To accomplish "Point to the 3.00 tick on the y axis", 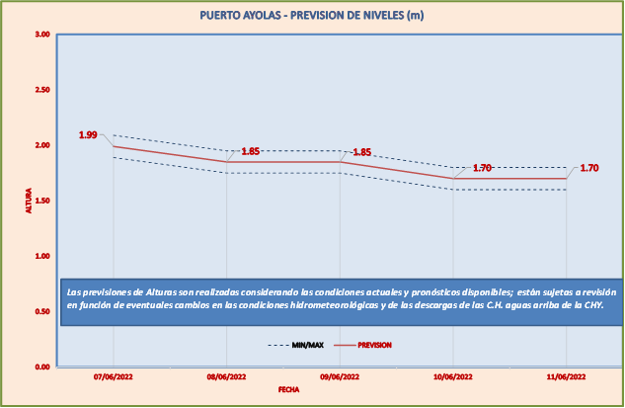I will pyautogui.click(x=42, y=35).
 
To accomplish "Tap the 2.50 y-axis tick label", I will pyautogui.click(x=42, y=90).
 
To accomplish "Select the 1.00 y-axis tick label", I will pyautogui.click(x=42, y=256).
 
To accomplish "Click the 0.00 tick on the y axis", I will pyautogui.click(x=42, y=367).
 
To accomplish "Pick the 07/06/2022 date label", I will pyautogui.click(x=114, y=377).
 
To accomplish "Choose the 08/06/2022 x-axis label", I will pyautogui.click(x=227, y=377).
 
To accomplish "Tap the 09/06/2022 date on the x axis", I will pyautogui.click(x=340, y=377).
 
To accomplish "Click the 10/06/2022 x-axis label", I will pyautogui.click(x=453, y=377).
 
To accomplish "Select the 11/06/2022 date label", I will pyautogui.click(x=567, y=377).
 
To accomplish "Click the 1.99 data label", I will pyautogui.click(x=88, y=134).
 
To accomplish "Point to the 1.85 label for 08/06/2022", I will pyautogui.click(x=251, y=151).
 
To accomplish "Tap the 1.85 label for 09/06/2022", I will pyautogui.click(x=362, y=152).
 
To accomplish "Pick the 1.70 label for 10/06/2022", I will pyautogui.click(x=482, y=168).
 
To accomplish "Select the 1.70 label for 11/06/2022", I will pyautogui.click(x=589, y=168).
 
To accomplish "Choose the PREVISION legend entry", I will pyautogui.click(x=374, y=346).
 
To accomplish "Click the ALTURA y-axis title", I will pyautogui.click(x=29, y=201).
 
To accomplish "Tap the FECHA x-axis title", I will pyautogui.click(x=288, y=390).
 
